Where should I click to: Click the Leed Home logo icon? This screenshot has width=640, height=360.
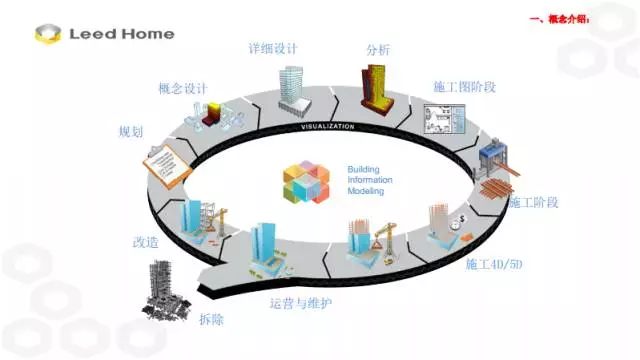tap(46, 33)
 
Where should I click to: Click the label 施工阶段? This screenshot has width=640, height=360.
tap(533, 202)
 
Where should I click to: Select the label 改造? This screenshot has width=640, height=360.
tap(145, 242)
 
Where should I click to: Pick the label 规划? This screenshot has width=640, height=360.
tap(130, 132)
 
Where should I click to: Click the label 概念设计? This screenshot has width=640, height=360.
tap(183, 88)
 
